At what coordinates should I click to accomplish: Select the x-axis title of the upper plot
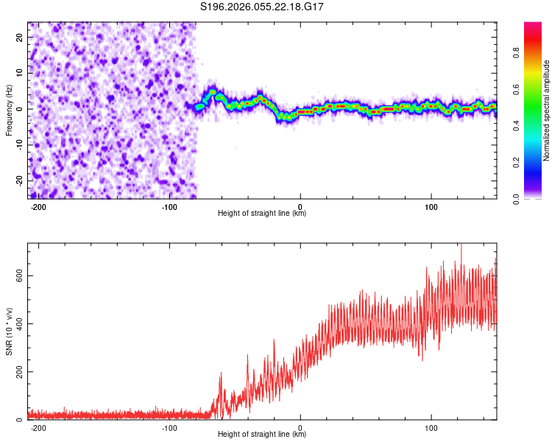262,214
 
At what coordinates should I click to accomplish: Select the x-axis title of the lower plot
262,435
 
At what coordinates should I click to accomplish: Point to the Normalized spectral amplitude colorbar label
547,110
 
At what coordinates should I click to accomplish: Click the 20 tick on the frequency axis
19,37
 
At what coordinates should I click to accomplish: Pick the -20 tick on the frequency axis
18,181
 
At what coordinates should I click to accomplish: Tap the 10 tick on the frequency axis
19,73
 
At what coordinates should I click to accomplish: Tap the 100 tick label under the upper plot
431,206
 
